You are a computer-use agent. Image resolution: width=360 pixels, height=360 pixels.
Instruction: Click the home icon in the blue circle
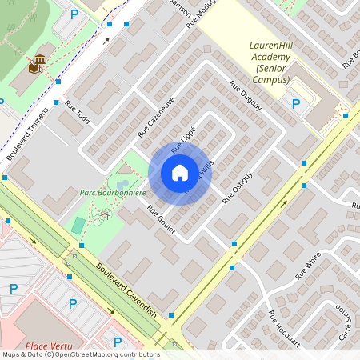(x=179, y=173)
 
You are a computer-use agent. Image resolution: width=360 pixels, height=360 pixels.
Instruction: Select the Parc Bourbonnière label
(x=112, y=193)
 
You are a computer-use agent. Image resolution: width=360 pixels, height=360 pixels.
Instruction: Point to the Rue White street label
(x=307, y=264)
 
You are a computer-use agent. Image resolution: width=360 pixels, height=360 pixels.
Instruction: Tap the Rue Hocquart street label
(x=284, y=327)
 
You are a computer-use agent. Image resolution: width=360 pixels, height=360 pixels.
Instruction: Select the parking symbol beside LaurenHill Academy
(x=296, y=103)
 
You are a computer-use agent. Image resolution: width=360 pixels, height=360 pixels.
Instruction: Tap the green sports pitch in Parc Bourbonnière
(x=78, y=225)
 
